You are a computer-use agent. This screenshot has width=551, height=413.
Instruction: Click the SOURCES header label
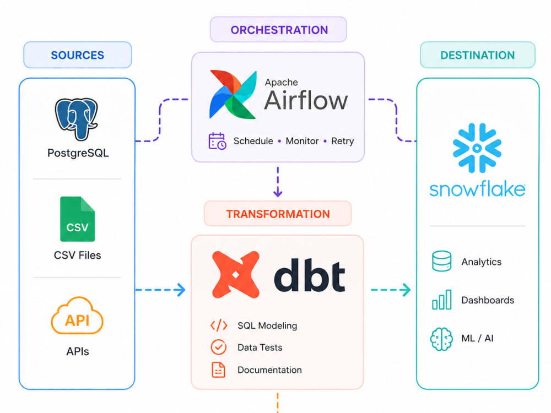(x=77, y=55)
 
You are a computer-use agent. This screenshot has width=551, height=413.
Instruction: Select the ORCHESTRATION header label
(x=279, y=30)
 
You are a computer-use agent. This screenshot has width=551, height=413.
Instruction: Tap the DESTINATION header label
(x=477, y=55)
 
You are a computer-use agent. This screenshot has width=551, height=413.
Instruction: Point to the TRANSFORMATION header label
(x=278, y=214)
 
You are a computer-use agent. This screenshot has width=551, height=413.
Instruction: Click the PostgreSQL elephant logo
(x=76, y=119)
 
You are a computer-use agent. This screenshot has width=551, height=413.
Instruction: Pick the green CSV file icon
(x=77, y=219)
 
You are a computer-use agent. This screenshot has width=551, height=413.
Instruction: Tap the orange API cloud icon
(x=77, y=316)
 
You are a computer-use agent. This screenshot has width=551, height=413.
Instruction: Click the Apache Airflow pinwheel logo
(x=233, y=95)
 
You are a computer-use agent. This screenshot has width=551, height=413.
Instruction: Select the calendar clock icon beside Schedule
(x=217, y=141)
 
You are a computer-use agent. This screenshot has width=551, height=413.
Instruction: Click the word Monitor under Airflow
(x=302, y=141)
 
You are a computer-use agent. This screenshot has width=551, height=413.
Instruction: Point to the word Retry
(x=342, y=141)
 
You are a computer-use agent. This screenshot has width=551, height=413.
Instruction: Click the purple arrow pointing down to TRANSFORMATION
(x=278, y=182)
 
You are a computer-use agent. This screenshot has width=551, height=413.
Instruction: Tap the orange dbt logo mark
(x=236, y=275)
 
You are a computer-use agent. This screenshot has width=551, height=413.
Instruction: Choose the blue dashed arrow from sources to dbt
(x=160, y=290)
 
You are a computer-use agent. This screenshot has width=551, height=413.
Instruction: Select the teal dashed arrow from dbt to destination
(x=391, y=290)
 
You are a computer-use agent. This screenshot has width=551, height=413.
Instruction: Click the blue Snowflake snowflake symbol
(x=477, y=148)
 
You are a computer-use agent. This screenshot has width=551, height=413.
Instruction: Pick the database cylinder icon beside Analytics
(x=442, y=261)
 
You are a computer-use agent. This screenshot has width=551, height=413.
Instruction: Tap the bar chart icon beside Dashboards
(x=442, y=300)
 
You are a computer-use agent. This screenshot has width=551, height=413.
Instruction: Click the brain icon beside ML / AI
(x=441, y=339)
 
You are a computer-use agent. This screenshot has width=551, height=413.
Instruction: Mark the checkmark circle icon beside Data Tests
(x=219, y=347)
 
